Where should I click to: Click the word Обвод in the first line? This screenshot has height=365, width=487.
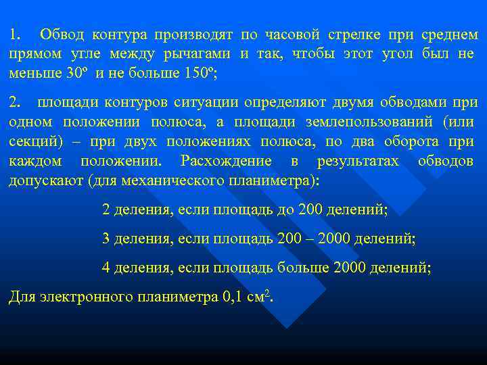point(62,35)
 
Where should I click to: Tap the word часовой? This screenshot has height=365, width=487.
point(294,35)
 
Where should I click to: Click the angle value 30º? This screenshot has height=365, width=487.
point(79,73)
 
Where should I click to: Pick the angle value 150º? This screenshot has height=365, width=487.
point(200,73)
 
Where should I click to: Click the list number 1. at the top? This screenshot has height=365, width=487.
point(15,35)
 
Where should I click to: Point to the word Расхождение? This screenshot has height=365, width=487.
point(226,162)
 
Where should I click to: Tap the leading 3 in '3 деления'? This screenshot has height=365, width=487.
point(106,239)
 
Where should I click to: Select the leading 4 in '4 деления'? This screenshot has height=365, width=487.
point(106,267)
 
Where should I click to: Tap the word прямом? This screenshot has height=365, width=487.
point(31,54)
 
